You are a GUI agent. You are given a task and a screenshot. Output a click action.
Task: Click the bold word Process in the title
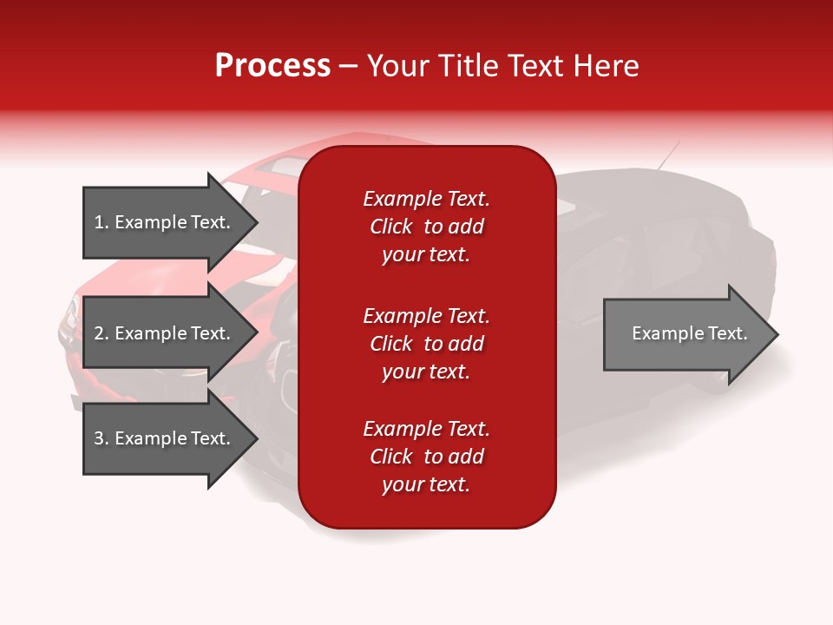[x=272, y=66]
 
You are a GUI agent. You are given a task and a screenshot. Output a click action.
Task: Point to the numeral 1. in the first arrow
[x=101, y=222]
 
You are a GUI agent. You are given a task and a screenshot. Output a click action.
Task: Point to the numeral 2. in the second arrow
[x=101, y=333]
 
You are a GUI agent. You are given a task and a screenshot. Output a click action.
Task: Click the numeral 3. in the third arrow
[x=101, y=438]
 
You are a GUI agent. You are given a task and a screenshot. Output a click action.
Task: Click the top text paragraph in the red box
[x=426, y=227]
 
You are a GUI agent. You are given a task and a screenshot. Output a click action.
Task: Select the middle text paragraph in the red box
[x=426, y=344]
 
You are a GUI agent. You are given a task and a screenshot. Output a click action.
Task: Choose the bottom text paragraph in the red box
[x=426, y=457]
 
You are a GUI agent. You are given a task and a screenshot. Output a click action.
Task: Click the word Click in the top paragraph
[x=391, y=227]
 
